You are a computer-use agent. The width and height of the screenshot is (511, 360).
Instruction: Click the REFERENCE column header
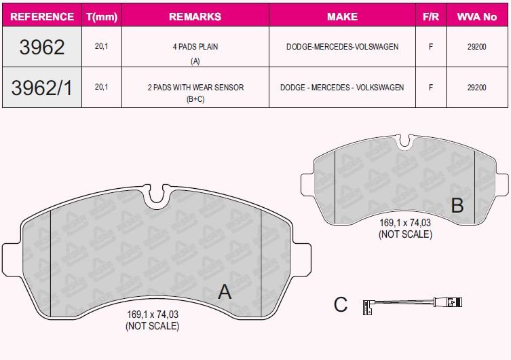42,16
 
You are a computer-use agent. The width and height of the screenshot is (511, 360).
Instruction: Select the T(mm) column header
100,16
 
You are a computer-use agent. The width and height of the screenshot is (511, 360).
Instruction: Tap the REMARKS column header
195,16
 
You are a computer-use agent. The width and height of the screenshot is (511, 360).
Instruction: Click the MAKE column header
342,16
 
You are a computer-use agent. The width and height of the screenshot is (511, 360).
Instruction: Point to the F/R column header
430,16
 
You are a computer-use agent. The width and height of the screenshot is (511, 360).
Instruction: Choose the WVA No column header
477,16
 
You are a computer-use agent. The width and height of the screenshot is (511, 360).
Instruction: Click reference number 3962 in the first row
42,47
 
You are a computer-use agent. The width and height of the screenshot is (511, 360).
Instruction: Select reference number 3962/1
42,87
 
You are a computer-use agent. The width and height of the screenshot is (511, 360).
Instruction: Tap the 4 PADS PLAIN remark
195,47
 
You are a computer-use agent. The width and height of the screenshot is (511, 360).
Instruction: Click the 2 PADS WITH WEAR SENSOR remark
195,87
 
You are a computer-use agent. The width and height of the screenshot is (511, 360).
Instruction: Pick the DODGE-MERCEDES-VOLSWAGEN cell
342,47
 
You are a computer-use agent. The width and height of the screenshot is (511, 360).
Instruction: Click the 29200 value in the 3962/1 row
477,87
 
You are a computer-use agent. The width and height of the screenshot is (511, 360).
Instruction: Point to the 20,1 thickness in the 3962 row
100,47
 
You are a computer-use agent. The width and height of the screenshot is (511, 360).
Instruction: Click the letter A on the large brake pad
225,292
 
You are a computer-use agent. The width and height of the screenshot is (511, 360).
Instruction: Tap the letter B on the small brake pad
457,205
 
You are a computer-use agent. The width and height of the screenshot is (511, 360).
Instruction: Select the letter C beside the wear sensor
341,305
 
